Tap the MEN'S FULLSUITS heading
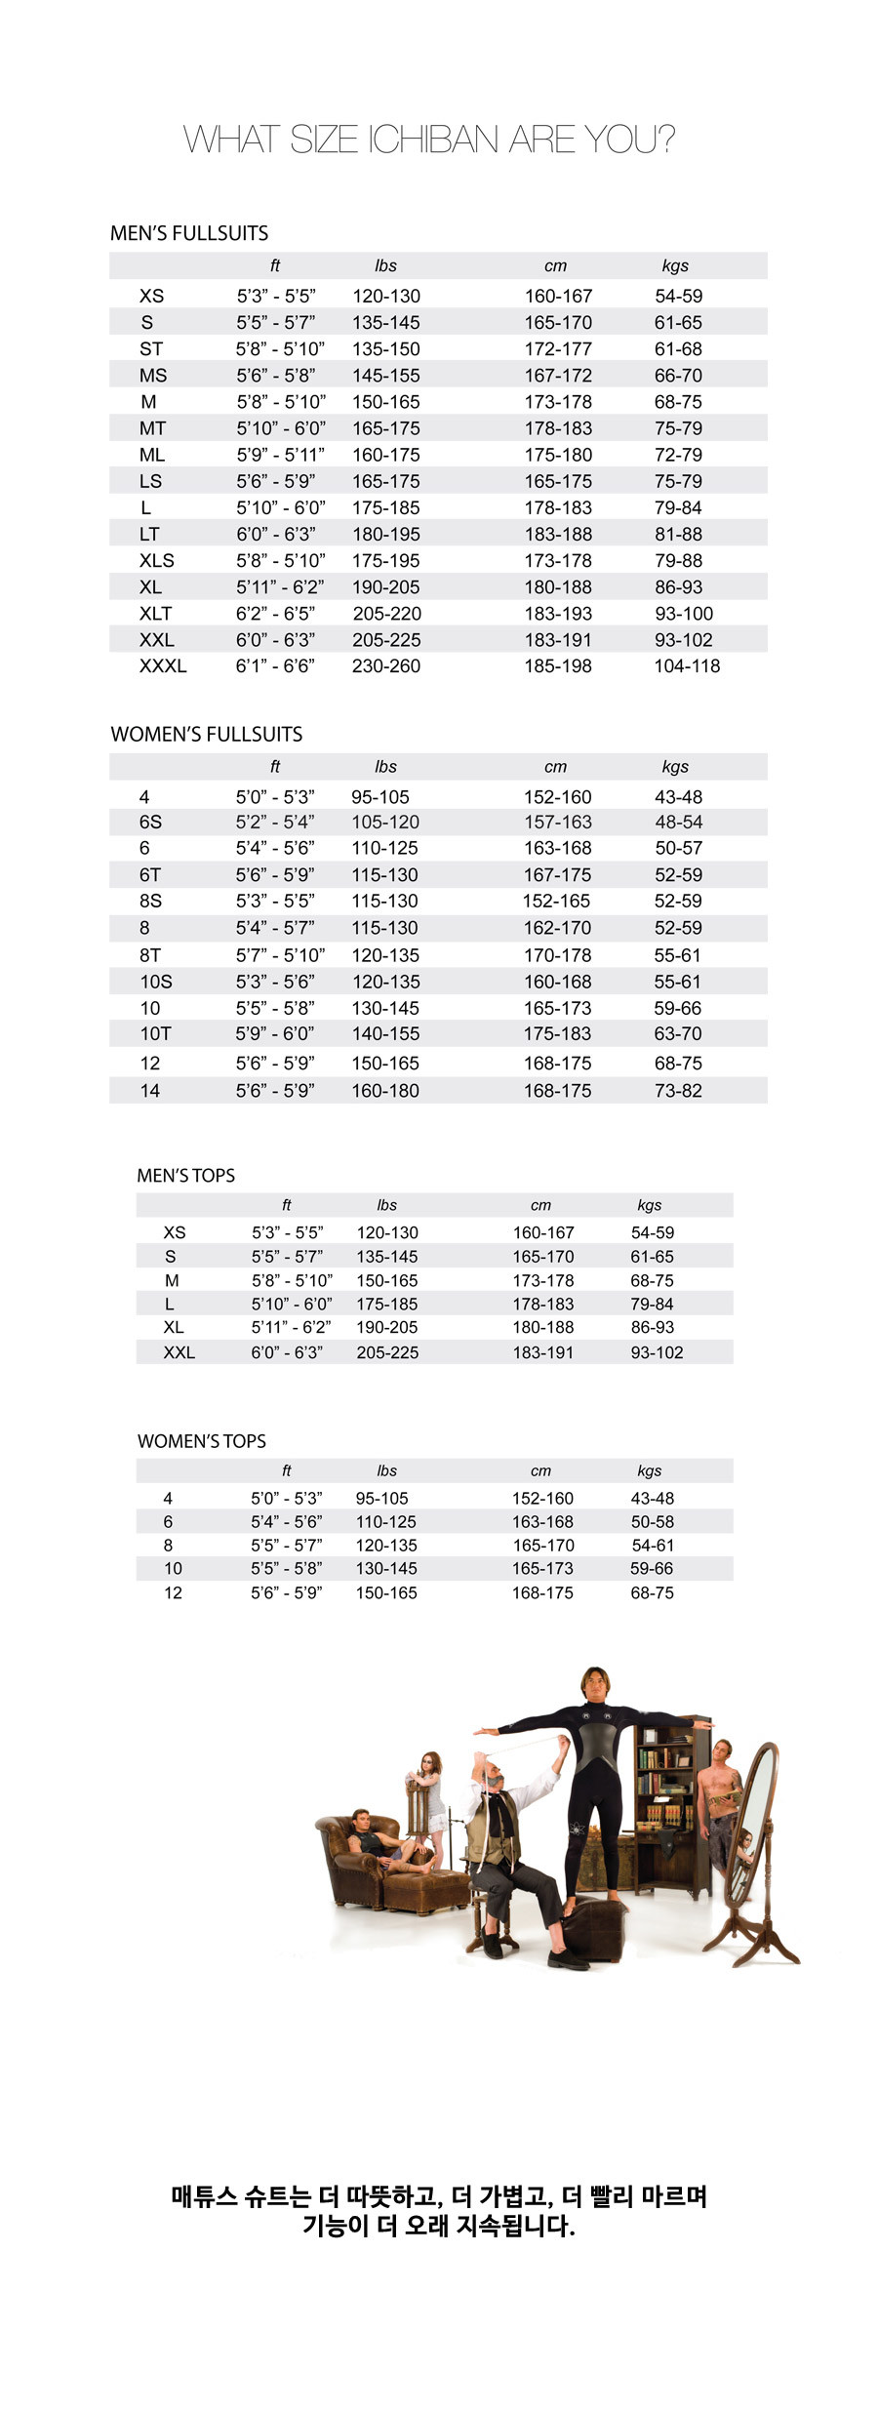(x=189, y=233)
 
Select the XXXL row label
(x=163, y=666)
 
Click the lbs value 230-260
(x=386, y=666)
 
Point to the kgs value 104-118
(x=687, y=666)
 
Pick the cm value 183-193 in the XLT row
(x=558, y=614)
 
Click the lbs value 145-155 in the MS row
(x=386, y=376)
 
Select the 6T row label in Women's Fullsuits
(x=150, y=875)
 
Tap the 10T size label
(x=155, y=1034)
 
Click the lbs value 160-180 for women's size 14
(x=385, y=1091)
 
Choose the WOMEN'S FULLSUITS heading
(x=207, y=735)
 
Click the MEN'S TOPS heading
(x=185, y=1176)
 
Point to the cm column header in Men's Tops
(x=540, y=1205)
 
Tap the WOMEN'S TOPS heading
(x=201, y=1441)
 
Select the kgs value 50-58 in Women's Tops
(x=652, y=1522)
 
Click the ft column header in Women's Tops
(x=286, y=1470)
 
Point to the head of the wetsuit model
(x=593, y=1685)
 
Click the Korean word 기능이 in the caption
(x=337, y=2226)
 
